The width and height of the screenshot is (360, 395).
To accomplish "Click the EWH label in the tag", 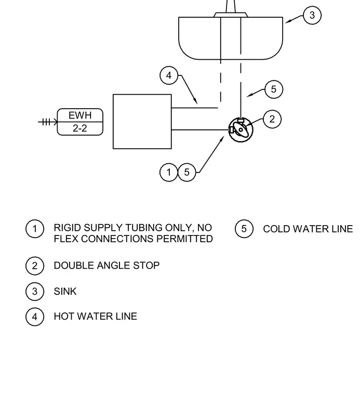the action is click(x=80, y=115).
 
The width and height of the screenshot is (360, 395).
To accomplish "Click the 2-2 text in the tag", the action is click(x=80, y=128).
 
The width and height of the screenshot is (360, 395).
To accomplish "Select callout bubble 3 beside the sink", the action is click(x=312, y=15).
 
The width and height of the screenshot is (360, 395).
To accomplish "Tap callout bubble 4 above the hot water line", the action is click(x=169, y=75).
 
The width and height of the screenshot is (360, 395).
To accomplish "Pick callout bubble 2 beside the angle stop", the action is click(x=272, y=119).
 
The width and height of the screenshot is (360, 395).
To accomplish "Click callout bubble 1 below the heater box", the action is click(x=169, y=173).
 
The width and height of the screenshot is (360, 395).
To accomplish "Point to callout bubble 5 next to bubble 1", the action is click(x=187, y=173).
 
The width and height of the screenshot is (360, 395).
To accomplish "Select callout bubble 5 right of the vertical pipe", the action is click(x=274, y=89).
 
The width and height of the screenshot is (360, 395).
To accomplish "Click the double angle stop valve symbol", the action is click(x=241, y=130).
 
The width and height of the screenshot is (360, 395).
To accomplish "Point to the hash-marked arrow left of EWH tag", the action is click(x=48, y=122).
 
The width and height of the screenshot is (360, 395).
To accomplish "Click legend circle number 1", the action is click(x=35, y=229).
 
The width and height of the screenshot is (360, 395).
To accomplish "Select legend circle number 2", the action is click(x=35, y=266).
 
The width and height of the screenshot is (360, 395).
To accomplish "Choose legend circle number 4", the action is click(x=35, y=317).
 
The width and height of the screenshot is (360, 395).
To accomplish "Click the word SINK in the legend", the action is click(x=65, y=292).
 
